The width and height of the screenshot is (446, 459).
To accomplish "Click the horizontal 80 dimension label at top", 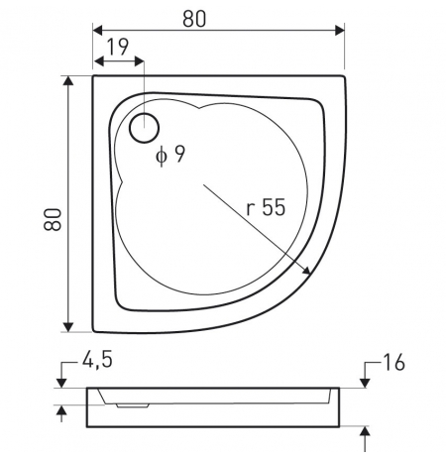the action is coord(194,19).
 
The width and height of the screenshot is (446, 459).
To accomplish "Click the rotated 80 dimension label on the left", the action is coord(53,219).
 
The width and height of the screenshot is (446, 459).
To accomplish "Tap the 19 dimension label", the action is coord(118,48).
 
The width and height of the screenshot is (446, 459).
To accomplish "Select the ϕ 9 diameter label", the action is coord(170,155).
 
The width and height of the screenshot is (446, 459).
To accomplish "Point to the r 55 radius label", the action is coord(266,207).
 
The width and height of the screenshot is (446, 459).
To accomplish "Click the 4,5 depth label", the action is coord(97,360).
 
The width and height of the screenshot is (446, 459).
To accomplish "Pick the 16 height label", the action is coord(393,362).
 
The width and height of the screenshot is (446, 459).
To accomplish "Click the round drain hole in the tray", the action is coord(145,128).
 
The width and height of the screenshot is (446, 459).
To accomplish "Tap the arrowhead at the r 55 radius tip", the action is coord(306,271).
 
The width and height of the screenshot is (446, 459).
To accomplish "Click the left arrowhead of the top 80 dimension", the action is coord(98,30).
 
